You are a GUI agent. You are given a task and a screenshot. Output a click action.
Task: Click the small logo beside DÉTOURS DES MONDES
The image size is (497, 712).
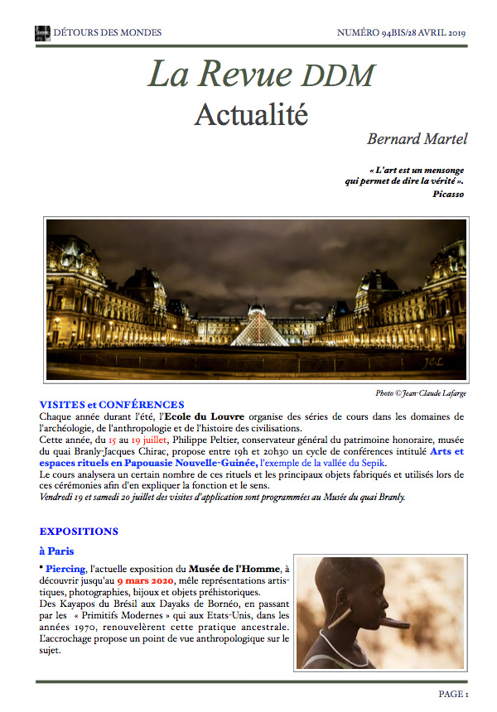click(x=42, y=33)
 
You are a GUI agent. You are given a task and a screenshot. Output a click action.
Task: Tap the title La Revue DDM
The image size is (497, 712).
click(x=261, y=75)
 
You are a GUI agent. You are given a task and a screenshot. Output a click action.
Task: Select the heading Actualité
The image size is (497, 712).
click(x=251, y=114)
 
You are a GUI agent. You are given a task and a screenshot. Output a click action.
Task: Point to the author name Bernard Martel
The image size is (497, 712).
click(x=417, y=138)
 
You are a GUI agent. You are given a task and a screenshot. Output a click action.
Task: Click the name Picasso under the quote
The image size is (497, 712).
click(x=448, y=194)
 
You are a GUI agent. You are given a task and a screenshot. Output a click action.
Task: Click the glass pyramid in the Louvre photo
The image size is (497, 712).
click(x=258, y=330)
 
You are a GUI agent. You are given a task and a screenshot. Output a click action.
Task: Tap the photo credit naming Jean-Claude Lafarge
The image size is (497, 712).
click(x=422, y=392)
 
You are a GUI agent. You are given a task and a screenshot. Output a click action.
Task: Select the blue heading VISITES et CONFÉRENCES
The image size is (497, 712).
click(x=112, y=404)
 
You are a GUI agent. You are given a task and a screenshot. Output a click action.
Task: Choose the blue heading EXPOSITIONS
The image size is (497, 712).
click(x=79, y=531)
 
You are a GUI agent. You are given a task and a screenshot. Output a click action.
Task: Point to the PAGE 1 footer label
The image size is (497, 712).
click(x=454, y=694)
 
